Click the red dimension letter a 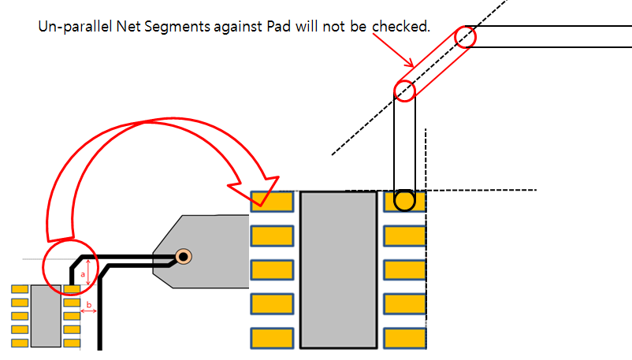point(83,273)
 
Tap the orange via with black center point(183,256)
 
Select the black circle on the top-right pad point(404,201)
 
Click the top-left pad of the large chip point(272,202)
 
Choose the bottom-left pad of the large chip point(272,339)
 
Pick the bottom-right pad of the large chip point(404,339)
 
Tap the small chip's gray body point(46,316)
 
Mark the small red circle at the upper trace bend point(466,37)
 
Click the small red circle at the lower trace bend point(405,90)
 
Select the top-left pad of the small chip point(20,290)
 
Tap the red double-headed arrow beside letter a point(88,273)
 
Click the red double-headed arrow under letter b point(88,312)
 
